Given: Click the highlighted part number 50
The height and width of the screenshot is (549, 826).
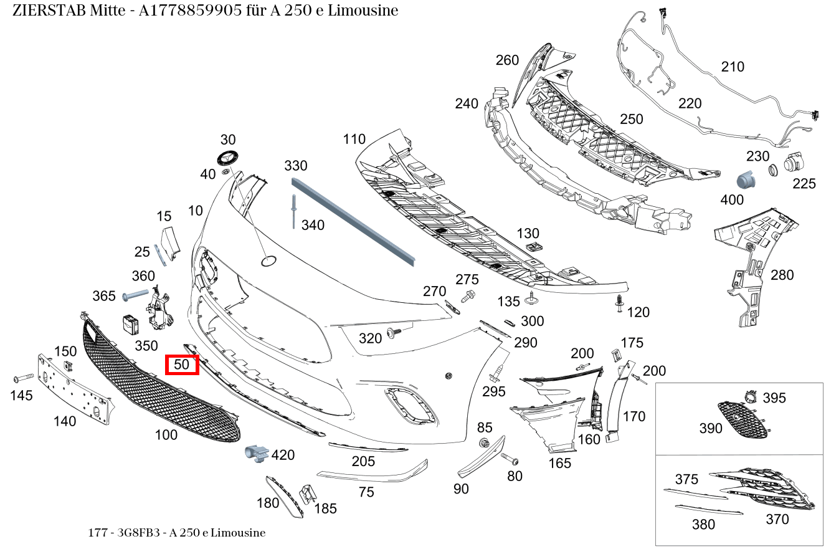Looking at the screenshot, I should coord(181,365).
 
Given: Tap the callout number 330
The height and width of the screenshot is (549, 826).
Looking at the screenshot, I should coord(296,166).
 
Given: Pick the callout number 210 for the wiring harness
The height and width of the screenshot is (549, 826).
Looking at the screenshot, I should coord(732,67).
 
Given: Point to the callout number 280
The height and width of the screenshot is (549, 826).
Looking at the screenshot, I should coord(782,275).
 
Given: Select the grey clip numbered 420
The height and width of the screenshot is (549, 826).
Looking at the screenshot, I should coord(255,454).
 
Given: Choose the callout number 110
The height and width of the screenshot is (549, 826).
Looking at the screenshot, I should coord(354,139).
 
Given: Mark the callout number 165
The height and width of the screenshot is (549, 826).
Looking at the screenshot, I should coord(559,463).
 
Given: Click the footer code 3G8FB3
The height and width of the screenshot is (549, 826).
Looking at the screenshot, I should coord(134,533).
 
